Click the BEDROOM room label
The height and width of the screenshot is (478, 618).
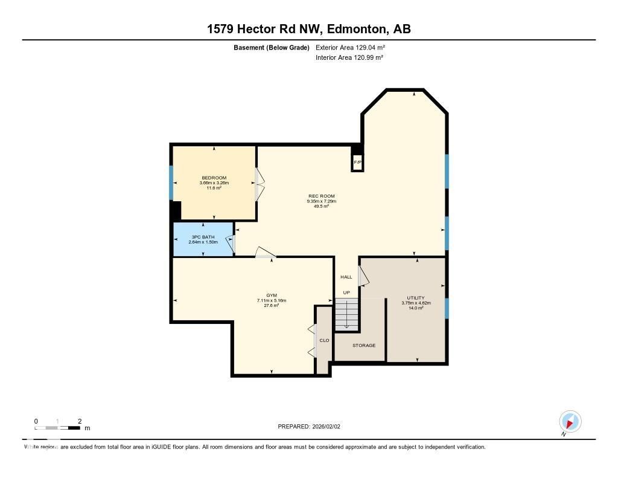pos(214,178)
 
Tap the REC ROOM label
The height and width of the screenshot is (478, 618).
pos(321,196)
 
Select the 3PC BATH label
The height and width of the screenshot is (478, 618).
pos(203,237)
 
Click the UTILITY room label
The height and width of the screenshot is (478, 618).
pos(415,297)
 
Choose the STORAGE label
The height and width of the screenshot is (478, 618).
pos(364,346)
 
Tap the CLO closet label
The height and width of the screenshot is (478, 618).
pos(324,341)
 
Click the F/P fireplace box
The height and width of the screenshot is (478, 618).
pos(357,163)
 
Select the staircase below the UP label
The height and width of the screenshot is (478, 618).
pos(346,315)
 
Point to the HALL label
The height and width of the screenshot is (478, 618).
pos(346,277)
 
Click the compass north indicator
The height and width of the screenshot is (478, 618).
pos(570,422)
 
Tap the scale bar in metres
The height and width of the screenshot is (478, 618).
pos(58,428)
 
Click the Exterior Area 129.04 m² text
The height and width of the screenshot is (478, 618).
pos(349,47)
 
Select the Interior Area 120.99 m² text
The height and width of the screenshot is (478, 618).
pos(349,57)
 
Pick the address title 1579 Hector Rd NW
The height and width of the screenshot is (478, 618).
pos(308,29)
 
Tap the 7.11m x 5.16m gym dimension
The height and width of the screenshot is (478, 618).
pos(271,300)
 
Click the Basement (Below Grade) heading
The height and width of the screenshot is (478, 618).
pos(271,47)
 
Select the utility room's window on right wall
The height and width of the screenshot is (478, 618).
pos(446,308)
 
